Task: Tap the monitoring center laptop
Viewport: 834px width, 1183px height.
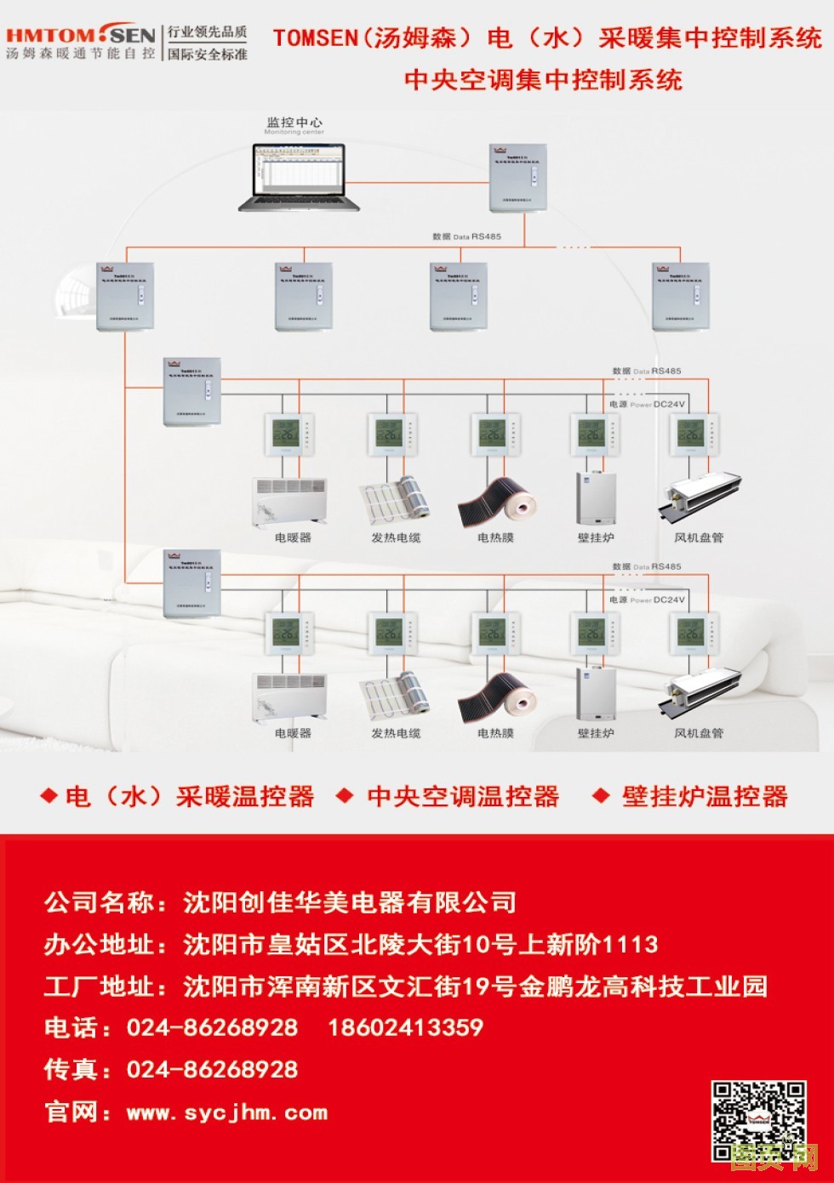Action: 299,176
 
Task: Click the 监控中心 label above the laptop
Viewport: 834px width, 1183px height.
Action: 294,122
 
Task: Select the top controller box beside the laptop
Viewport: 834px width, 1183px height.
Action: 519,178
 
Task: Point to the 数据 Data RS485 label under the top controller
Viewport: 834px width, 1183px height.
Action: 466,236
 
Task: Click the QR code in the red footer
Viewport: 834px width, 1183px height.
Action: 758,1121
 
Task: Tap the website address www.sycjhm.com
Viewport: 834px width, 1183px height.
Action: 226,1112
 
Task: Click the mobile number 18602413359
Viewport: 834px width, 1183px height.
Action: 405,1027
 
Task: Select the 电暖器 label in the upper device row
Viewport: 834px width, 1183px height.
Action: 293,537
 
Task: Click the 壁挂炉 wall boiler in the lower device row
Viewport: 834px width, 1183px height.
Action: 596,692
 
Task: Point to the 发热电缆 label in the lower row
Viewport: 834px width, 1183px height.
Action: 396,733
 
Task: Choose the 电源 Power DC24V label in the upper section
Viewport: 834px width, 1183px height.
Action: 647,405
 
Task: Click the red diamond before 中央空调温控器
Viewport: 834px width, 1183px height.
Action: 345,796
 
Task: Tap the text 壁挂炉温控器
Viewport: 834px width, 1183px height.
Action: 705,797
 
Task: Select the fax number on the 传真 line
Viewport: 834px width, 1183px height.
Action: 213,1069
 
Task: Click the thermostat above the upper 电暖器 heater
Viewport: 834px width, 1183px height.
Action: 289,435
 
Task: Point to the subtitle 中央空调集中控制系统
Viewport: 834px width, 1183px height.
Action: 543,80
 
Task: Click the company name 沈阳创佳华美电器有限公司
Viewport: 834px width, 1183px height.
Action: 350,901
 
